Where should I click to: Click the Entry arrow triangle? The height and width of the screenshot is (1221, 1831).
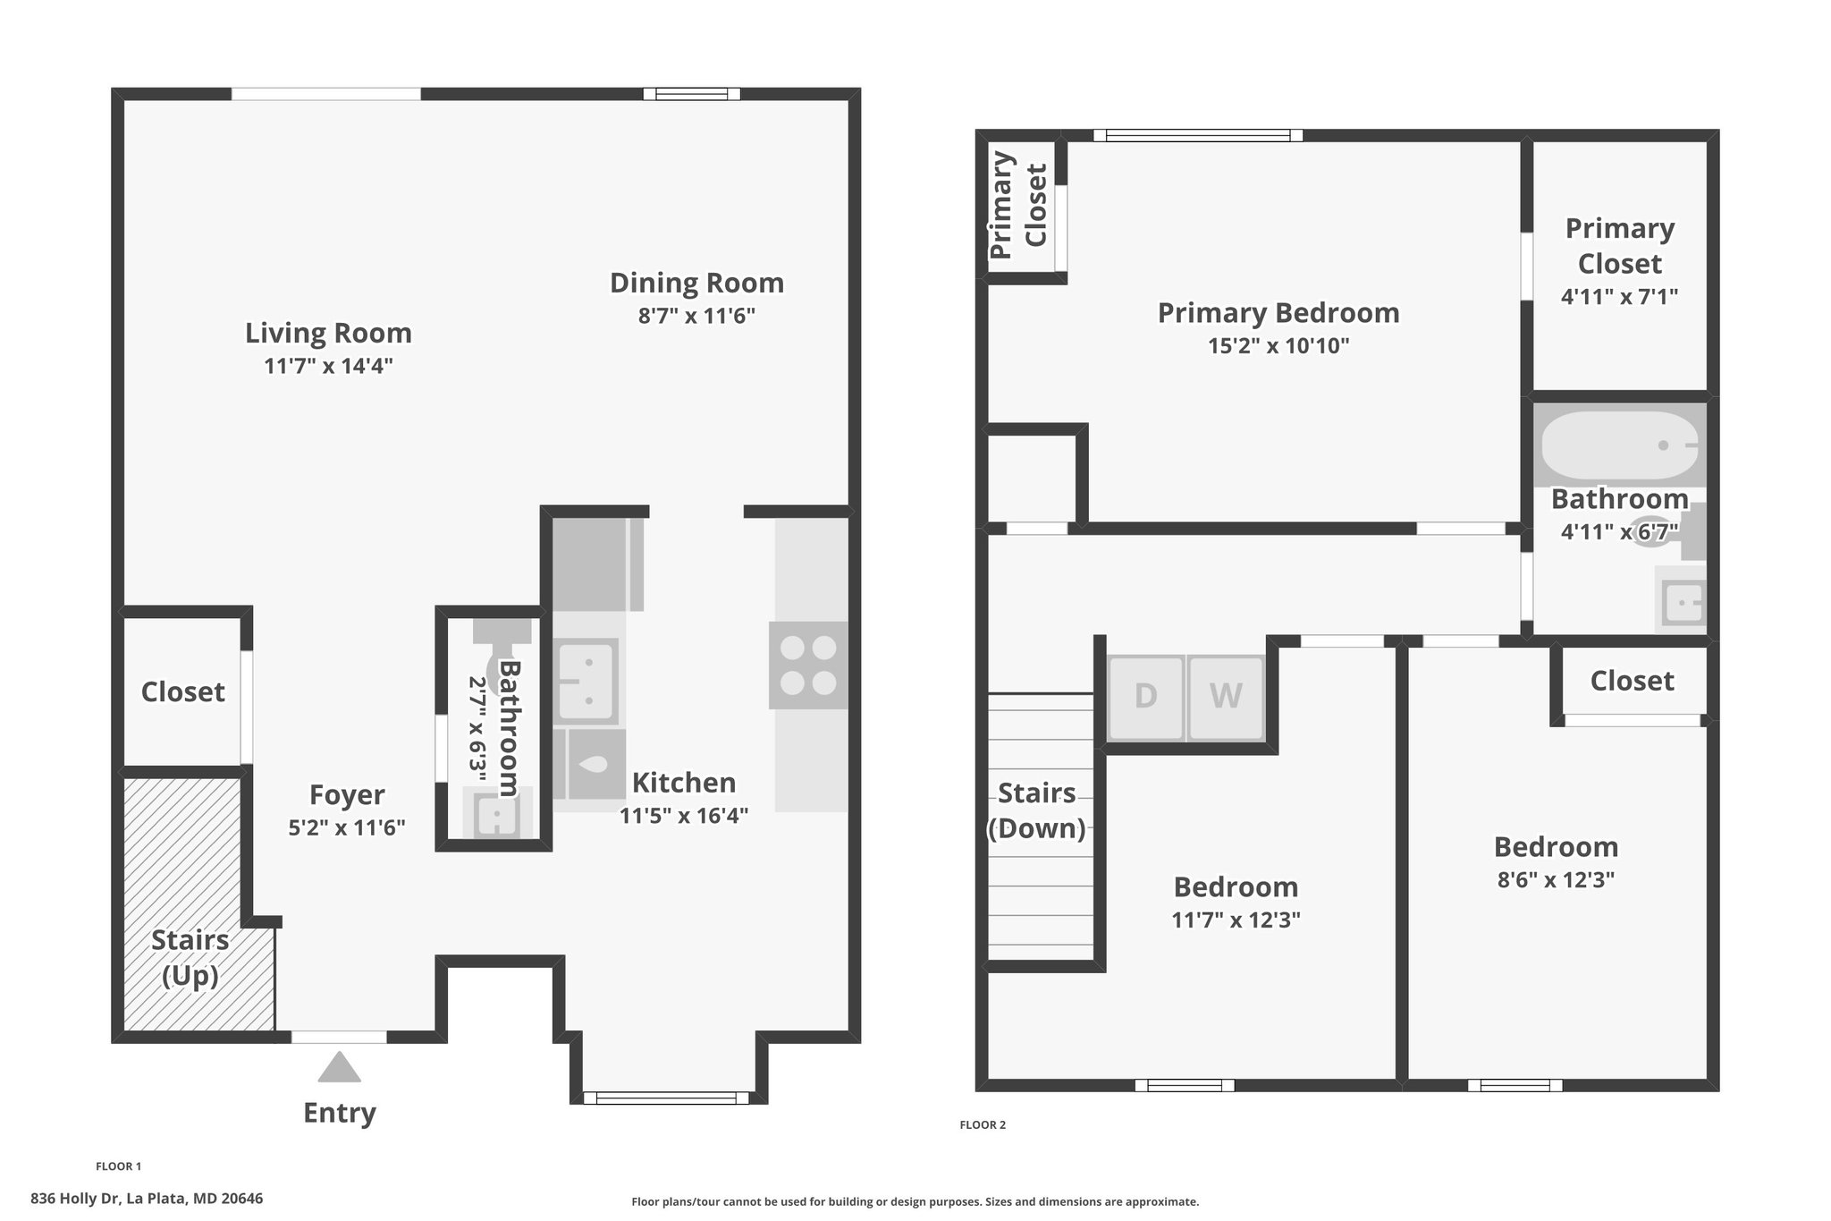pos(339,1067)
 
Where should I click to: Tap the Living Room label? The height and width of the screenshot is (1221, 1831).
pos(328,333)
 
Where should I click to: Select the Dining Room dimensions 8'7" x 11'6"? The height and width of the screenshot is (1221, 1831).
pos(696,316)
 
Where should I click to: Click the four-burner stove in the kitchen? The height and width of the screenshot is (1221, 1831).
pos(808,666)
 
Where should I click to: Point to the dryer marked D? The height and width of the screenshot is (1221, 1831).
pos(1146,697)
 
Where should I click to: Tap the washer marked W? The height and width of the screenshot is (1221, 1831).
pos(1226,697)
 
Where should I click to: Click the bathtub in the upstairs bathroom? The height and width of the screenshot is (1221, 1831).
pos(1619,445)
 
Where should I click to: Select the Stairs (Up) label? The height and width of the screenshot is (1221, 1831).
pos(190,957)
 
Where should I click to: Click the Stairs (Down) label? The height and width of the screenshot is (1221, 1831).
pos(1036,810)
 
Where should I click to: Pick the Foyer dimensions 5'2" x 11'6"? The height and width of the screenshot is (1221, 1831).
pos(347,827)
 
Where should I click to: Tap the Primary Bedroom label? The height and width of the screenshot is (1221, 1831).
pos(1278,313)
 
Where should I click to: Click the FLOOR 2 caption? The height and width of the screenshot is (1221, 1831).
pos(983,1125)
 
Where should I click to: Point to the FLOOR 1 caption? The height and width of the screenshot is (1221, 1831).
pos(118,1166)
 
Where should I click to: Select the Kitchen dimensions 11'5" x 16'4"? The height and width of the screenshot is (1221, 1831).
pos(684,816)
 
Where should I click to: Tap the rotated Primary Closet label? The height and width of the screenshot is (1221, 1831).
pos(1018,206)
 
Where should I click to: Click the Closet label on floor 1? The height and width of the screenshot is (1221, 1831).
pos(183,691)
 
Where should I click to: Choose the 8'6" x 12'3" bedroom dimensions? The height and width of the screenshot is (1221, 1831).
pos(1556,880)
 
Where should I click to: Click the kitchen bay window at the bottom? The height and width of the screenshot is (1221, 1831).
pos(666,1098)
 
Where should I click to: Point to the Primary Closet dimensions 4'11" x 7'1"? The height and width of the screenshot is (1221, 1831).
pos(1619,296)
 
